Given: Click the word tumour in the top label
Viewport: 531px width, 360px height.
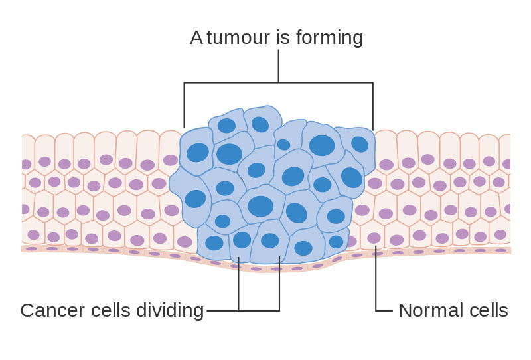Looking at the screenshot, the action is coord(238,37).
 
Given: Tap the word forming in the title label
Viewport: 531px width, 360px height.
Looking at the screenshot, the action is coord(329,37).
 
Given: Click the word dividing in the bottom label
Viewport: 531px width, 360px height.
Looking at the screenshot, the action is coord(170,310).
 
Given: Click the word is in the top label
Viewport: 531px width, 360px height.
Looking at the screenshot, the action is coord(283,37).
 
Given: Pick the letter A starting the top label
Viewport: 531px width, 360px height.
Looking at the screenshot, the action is coord(196,37).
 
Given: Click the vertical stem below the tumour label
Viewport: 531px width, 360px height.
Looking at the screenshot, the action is coord(279,66).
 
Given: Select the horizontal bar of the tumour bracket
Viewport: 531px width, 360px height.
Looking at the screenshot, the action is coord(279,82).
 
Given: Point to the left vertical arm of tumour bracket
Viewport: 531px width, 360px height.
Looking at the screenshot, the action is coord(185,105).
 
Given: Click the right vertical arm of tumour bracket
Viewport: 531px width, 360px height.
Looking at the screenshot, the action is coord(373,106).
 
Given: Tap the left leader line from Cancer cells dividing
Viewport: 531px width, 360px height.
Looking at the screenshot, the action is coord(239,284).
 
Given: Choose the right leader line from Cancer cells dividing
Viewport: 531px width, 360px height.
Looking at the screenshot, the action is coord(279,284).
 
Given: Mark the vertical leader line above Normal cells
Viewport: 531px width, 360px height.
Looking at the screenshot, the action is coord(376,278).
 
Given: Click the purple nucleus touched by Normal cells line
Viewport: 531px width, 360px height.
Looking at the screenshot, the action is coord(374,238).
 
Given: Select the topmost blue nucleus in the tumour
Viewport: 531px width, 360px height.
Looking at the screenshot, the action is coord(260,124).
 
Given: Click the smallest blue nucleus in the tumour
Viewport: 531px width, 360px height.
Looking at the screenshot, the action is coord(284,145).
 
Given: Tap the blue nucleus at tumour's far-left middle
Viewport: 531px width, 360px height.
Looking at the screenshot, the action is coord(195,199).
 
